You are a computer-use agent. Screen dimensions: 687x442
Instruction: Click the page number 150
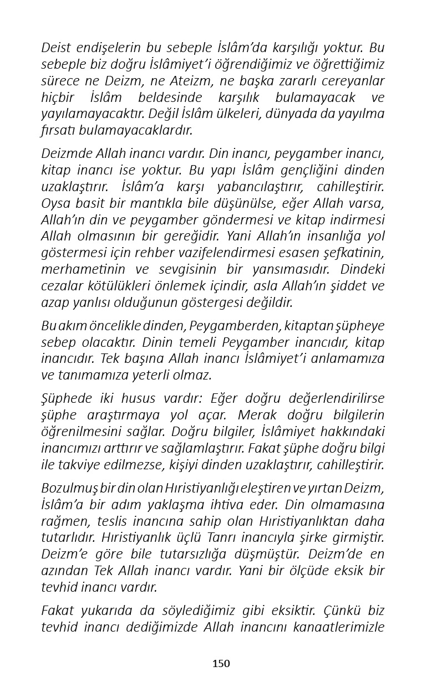tap(221, 663)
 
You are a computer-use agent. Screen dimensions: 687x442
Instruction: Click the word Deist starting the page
tap(57, 48)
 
